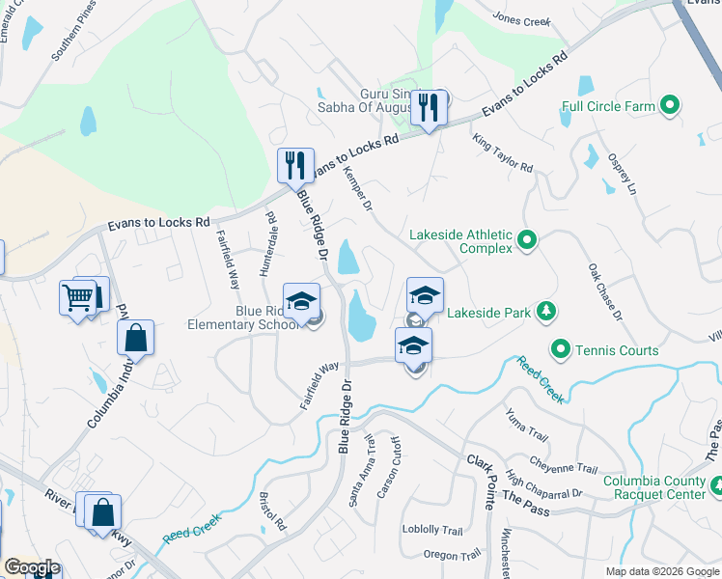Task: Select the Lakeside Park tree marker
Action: (546, 311)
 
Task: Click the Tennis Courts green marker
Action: (560, 349)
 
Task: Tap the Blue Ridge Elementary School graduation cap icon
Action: (301, 300)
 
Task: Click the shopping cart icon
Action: (78, 297)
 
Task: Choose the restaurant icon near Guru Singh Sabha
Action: (426, 107)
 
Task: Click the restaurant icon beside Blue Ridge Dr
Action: (294, 165)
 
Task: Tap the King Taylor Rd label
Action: (503, 153)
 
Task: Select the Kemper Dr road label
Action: (357, 189)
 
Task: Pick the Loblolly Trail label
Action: (432, 530)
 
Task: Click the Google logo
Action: (32, 568)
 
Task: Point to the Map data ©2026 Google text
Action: (663, 571)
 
